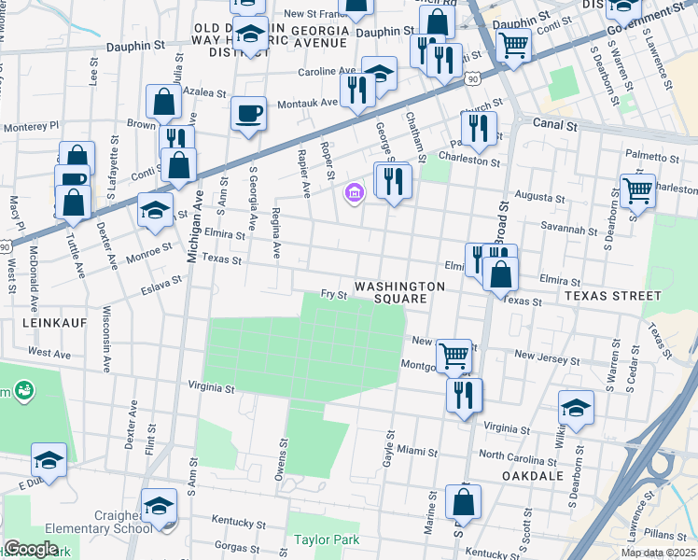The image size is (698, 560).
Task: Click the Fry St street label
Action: click(x=334, y=294)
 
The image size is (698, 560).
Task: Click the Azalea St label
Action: click(x=204, y=93)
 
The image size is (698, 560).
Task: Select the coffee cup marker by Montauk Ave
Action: click(x=248, y=114)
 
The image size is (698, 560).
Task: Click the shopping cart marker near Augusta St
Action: click(x=638, y=190)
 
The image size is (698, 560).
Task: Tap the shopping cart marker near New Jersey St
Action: click(x=454, y=354)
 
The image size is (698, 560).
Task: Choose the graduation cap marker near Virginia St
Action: click(x=576, y=408)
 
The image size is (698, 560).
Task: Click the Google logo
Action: click(x=31, y=549)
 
